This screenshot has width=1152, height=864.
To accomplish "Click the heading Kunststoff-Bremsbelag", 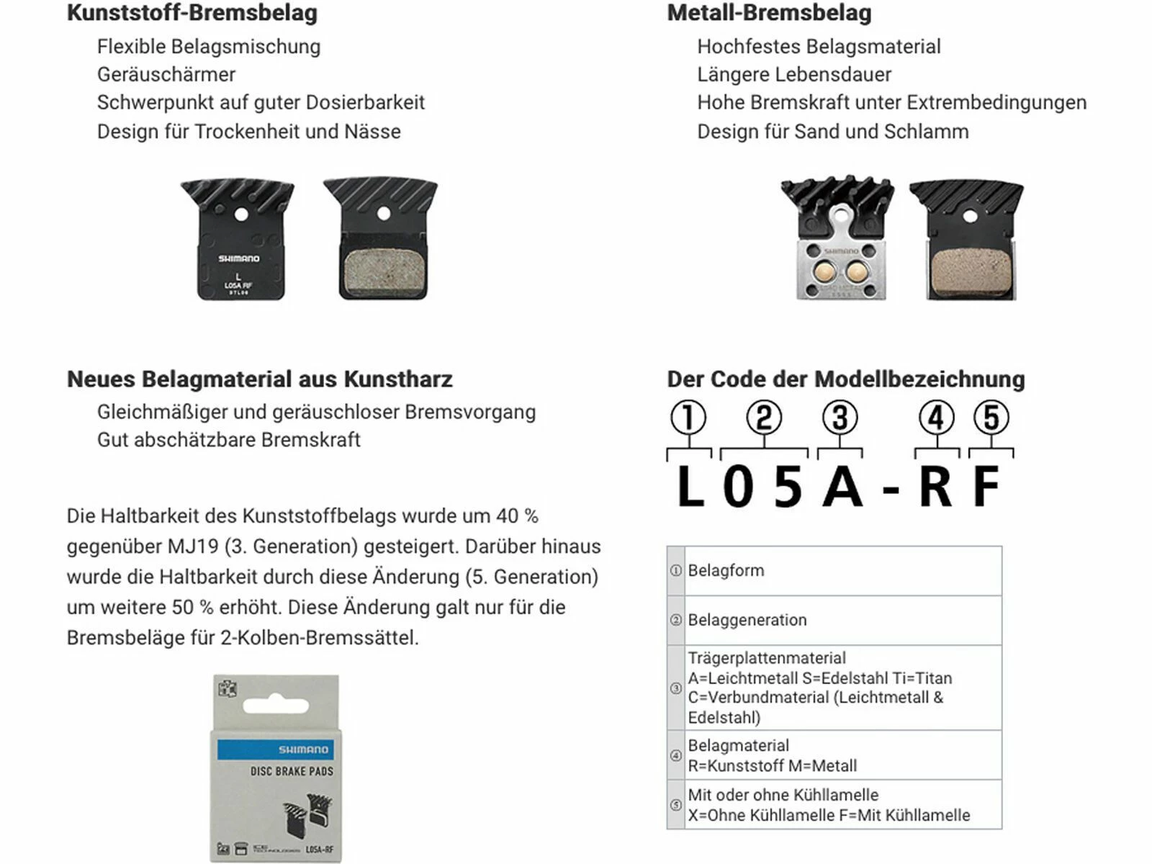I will click(192, 13).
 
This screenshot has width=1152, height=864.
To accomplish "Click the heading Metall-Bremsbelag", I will click(769, 13).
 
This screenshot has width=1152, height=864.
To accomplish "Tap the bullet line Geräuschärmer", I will click(166, 74).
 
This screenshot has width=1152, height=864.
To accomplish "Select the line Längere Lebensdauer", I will click(793, 74).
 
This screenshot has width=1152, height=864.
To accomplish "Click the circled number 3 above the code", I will click(840, 418).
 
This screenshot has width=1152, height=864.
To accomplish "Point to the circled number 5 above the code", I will click(991, 418).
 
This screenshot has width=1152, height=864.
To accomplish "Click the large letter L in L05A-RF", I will click(690, 487).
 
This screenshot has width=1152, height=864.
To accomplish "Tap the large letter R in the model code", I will click(935, 487).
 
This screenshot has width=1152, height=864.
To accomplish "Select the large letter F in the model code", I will click(987, 487).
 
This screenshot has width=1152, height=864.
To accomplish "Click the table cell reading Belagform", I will click(726, 570).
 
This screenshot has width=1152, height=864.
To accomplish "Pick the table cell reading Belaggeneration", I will click(747, 620).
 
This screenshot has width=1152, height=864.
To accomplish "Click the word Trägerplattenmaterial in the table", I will click(766, 658).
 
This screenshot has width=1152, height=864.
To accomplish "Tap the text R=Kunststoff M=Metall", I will click(772, 766).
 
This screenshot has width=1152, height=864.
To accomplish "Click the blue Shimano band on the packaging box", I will click(275, 750).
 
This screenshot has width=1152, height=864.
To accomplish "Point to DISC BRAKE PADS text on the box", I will click(292, 771).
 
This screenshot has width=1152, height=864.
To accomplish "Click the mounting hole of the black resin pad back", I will click(242, 215).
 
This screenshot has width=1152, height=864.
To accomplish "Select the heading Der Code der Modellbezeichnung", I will click(845, 379).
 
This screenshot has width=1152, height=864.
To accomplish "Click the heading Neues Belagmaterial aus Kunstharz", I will click(259, 379).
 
